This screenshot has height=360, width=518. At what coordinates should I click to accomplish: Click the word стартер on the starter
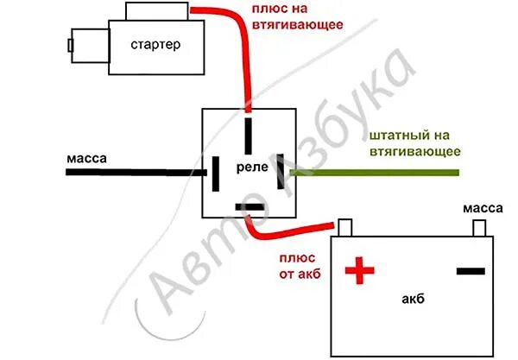[157, 45]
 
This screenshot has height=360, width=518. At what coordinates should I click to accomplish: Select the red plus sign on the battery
[360, 272]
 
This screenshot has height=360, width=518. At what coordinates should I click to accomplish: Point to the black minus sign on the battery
[471, 271]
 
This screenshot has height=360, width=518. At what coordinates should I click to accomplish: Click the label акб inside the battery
[412, 300]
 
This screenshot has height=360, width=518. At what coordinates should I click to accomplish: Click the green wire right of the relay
[380, 173]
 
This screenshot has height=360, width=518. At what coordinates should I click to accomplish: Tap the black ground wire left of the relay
[129, 172]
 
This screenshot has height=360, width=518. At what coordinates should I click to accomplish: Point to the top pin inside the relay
[249, 135]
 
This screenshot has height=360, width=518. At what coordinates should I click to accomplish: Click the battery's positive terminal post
[345, 227]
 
